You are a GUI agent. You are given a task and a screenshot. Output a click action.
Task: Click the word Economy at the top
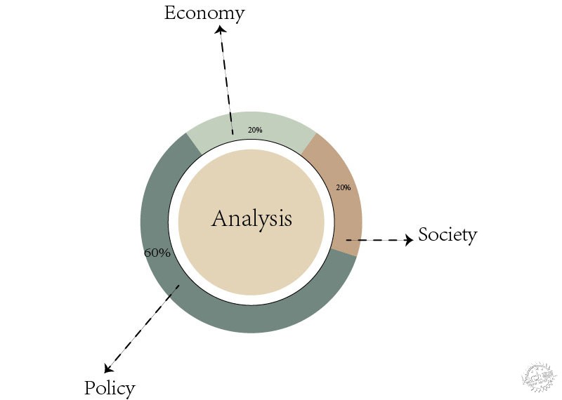click(x=204, y=13)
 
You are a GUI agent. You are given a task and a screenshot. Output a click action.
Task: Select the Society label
click(x=447, y=234)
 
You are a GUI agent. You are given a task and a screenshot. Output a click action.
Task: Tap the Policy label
click(x=110, y=388)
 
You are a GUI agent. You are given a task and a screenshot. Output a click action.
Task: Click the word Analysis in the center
click(x=251, y=218)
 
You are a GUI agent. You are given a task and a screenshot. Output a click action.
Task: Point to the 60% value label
click(x=157, y=253)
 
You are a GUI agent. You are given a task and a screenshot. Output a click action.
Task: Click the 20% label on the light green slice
click(x=255, y=130)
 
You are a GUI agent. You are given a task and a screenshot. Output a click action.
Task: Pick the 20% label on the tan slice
click(x=343, y=187)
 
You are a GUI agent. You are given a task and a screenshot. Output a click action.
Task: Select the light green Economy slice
click(x=281, y=126)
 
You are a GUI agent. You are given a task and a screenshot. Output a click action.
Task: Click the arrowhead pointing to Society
click(x=408, y=240)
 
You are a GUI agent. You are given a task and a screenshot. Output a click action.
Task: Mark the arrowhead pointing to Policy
click(x=108, y=368)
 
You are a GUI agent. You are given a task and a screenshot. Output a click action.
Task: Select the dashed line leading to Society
click(x=376, y=240)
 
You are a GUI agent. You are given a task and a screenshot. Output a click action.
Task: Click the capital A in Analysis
click(x=220, y=218)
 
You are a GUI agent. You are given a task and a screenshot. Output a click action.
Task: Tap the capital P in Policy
click(x=89, y=388)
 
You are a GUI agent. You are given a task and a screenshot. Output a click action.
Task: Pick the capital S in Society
click(x=424, y=234)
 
